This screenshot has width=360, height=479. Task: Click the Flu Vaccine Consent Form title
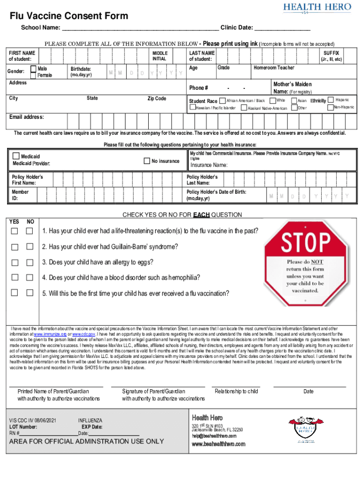(69, 16)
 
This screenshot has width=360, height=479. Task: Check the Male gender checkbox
(33, 69)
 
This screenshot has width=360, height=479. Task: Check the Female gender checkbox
(33, 75)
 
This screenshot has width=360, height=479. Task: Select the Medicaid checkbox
(16, 156)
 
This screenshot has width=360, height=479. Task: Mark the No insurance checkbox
(147, 161)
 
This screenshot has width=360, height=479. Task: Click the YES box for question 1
(15, 231)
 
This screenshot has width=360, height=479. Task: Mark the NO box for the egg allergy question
(30, 262)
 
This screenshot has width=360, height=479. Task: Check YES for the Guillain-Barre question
(15, 247)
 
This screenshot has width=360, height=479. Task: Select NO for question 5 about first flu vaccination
(30, 293)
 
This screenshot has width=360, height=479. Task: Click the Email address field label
(27, 117)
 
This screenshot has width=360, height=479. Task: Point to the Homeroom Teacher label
(274, 68)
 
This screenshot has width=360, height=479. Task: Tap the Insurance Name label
(209, 165)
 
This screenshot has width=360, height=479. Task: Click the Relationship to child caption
(236, 391)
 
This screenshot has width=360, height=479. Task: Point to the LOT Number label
(23, 427)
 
